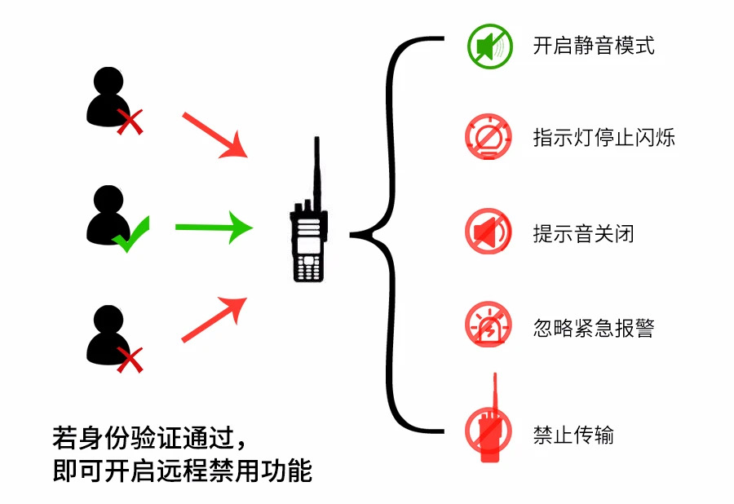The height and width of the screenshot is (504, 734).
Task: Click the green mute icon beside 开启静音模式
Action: [x=489, y=46]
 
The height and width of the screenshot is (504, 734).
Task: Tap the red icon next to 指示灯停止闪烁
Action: [x=489, y=136]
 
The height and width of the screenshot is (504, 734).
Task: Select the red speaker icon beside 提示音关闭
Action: [x=489, y=232]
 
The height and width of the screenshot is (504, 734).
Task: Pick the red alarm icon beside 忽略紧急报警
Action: [x=489, y=325]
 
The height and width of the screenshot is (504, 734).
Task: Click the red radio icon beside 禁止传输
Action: [x=489, y=429]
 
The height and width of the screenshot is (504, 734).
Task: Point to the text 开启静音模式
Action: [x=594, y=46]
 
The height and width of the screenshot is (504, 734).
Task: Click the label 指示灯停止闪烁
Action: [x=604, y=137]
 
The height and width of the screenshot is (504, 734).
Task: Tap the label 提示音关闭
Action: [x=583, y=234]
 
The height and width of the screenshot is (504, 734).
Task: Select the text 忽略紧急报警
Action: [x=594, y=329]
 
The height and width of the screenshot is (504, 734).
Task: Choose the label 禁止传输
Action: [x=573, y=435]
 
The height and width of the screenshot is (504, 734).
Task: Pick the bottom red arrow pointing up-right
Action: [x=214, y=319]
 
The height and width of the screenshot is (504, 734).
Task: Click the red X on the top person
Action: [x=130, y=122]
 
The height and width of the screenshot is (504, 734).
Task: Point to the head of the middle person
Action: [x=108, y=200]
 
